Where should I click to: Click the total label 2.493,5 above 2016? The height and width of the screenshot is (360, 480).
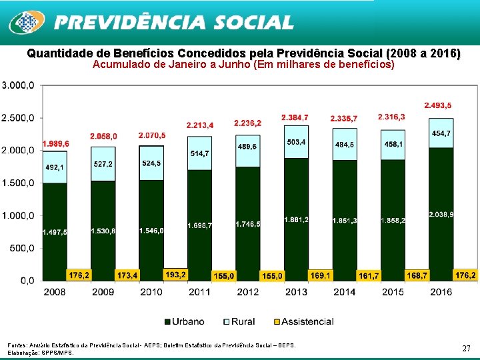pyautogui.click(x=437, y=105)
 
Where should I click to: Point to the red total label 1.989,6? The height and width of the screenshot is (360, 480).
pyautogui.click(x=55, y=144)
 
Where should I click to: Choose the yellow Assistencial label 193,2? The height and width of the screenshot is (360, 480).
pyautogui.click(x=176, y=275)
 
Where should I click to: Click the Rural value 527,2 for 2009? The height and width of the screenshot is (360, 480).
pyautogui.click(x=103, y=164)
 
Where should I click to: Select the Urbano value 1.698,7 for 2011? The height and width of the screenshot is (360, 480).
pyautogui.click(x=199, y=225)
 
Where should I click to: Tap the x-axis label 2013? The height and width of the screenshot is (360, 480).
pyautogui.click(x=296, y=292)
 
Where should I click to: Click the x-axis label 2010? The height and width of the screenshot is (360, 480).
pyautogui.click(x=151, y=292)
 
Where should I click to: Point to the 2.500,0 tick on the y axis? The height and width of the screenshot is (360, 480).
pyautogui.click(x=20, y=118)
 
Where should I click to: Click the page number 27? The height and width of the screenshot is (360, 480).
pyautogui.click(x=466, y=348)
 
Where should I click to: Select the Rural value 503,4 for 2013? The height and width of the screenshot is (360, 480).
pyautogui.click(x=296, y=142)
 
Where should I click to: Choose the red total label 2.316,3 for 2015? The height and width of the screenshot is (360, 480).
pyautogui.click(x=391, y=117)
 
